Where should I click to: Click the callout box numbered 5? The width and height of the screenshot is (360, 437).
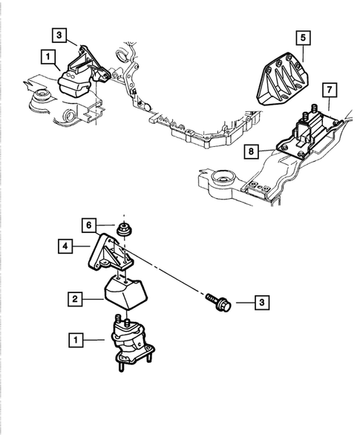point(303,38)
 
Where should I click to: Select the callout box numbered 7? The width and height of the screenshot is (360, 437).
point(330,90)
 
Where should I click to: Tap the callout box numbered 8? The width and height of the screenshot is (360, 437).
point(251,151)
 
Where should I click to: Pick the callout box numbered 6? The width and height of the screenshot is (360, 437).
point(89,226)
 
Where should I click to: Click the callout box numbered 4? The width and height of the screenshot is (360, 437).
point(65,246)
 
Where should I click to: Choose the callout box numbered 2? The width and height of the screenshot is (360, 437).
point(75,299)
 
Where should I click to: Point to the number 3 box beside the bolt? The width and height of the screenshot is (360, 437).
point(262,303)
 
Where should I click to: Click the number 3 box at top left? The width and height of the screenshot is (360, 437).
point(59,35)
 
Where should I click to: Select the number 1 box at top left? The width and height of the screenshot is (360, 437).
point(48,57)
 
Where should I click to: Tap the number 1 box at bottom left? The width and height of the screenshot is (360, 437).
point(76,340)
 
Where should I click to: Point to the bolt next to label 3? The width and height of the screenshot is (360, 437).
point(219,302)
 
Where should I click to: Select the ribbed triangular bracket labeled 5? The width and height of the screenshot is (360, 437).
point(283,79)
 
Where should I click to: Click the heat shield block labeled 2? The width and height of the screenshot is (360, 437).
point(126,292)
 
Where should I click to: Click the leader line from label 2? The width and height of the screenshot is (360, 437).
point(93,299)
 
